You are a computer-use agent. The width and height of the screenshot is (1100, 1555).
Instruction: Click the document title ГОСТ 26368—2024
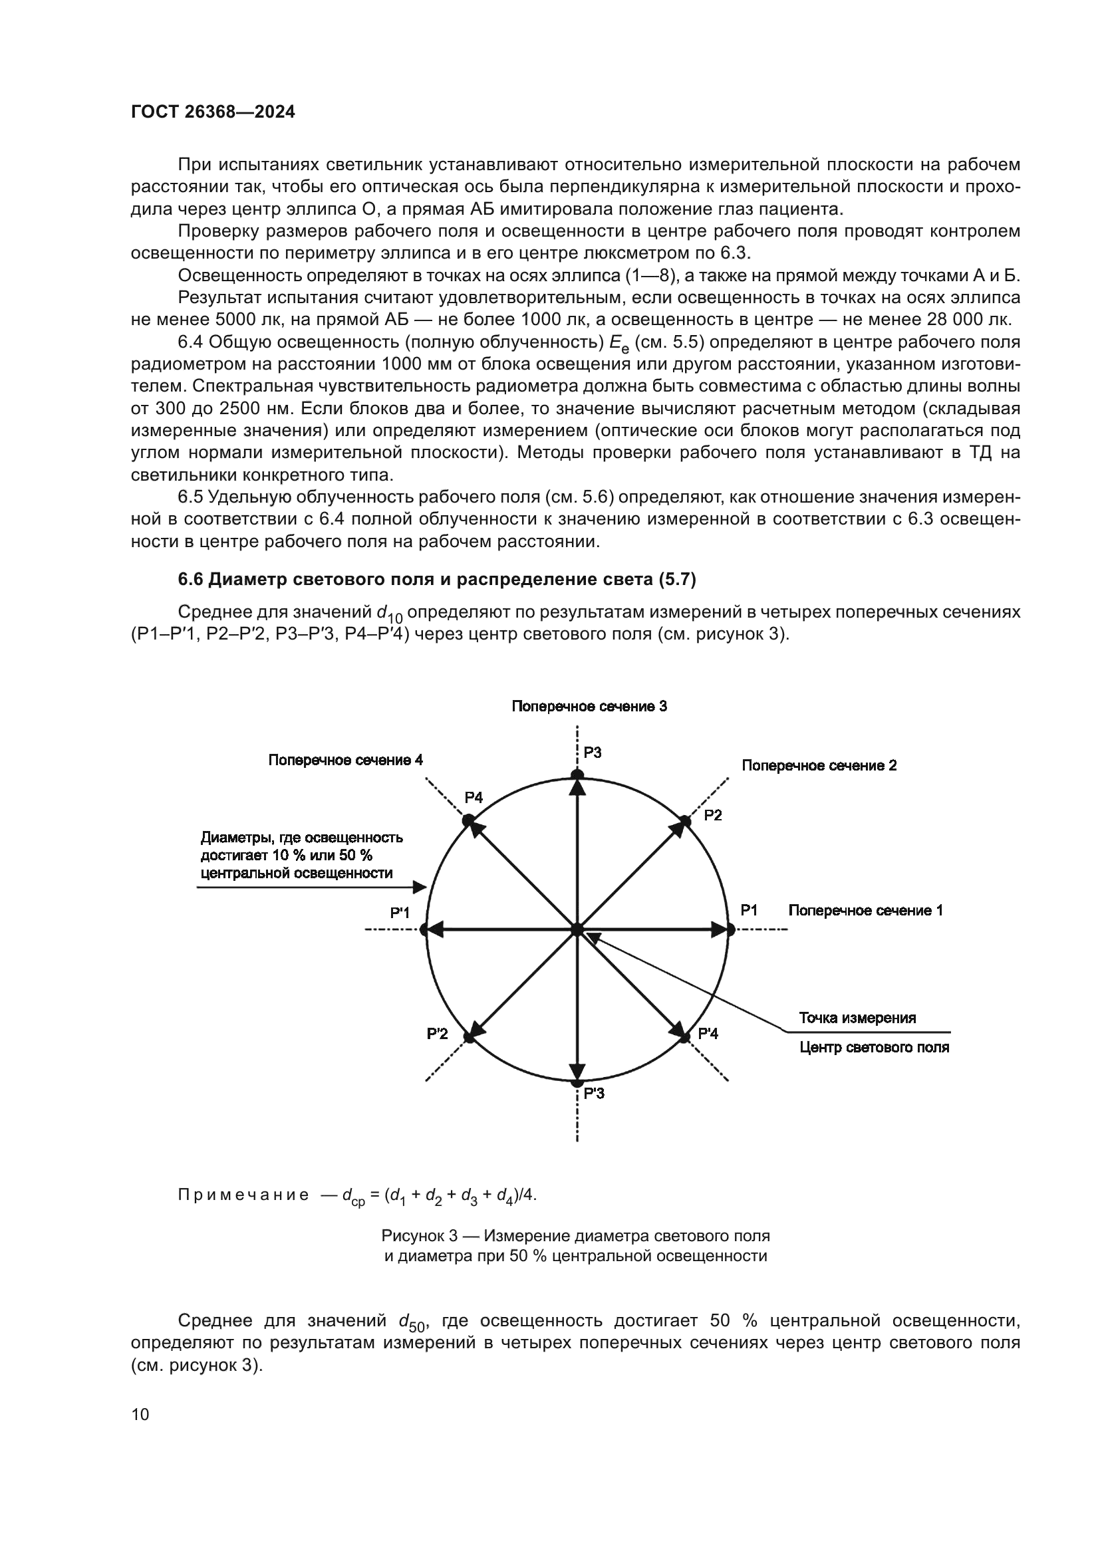click(213, 112)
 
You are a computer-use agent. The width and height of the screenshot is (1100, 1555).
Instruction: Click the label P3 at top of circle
click(593, 753)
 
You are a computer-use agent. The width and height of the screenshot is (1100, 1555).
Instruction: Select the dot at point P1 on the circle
click(730, 930)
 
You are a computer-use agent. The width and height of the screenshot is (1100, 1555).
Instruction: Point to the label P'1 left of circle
click(400, 913)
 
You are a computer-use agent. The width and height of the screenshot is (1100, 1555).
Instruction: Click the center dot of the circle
click(577, 930)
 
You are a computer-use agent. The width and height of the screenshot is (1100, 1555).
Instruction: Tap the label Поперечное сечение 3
click(589, 707)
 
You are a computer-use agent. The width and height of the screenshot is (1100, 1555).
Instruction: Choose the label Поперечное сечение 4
click(345, 760)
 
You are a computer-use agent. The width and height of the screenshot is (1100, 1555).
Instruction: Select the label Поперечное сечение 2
click(819, 765)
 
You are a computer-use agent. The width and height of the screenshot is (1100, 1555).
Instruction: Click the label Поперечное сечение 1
click(865, 910)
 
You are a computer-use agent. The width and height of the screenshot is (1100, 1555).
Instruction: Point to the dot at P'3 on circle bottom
click(577, 1083)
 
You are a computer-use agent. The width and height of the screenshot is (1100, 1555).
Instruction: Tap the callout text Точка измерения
click(857, 1018)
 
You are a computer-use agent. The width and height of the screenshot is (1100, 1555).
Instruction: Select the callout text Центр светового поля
click(874, 1048)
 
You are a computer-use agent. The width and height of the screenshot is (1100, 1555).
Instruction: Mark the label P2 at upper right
click(712, 816)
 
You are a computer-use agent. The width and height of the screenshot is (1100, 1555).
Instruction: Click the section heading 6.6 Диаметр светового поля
click(437, 579)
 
